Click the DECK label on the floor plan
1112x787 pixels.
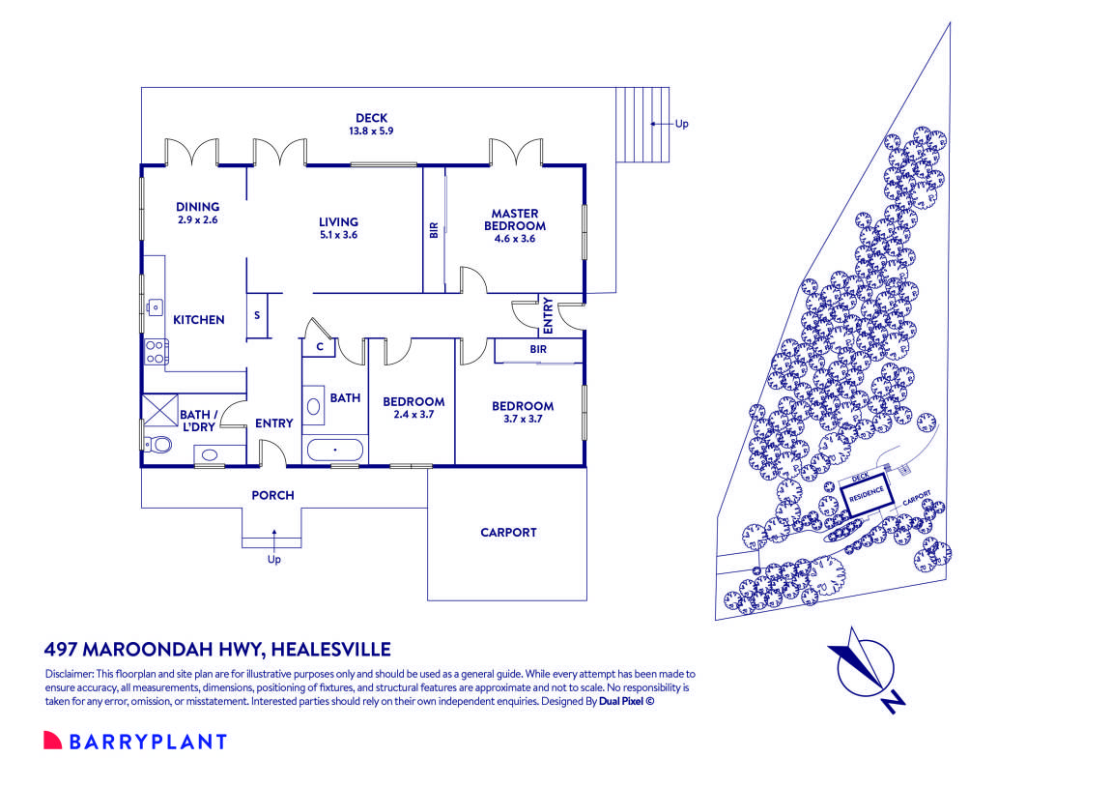371,118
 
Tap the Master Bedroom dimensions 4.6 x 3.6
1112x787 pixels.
514,238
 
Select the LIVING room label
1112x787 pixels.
338,221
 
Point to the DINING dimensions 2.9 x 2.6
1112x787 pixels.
197,219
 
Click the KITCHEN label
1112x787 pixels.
198,320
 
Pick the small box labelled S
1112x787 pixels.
257,315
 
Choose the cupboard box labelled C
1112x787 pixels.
319,346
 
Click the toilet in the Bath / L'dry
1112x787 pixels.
158,444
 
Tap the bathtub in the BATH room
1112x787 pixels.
335,450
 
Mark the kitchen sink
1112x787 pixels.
154,307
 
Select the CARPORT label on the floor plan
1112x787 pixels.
507,533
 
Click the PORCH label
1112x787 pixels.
272,495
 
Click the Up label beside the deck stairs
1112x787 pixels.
681,124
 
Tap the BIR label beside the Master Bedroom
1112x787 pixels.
434,230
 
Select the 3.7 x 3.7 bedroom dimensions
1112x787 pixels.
522,420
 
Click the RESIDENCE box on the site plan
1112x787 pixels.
866,492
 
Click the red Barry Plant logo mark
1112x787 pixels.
52,741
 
